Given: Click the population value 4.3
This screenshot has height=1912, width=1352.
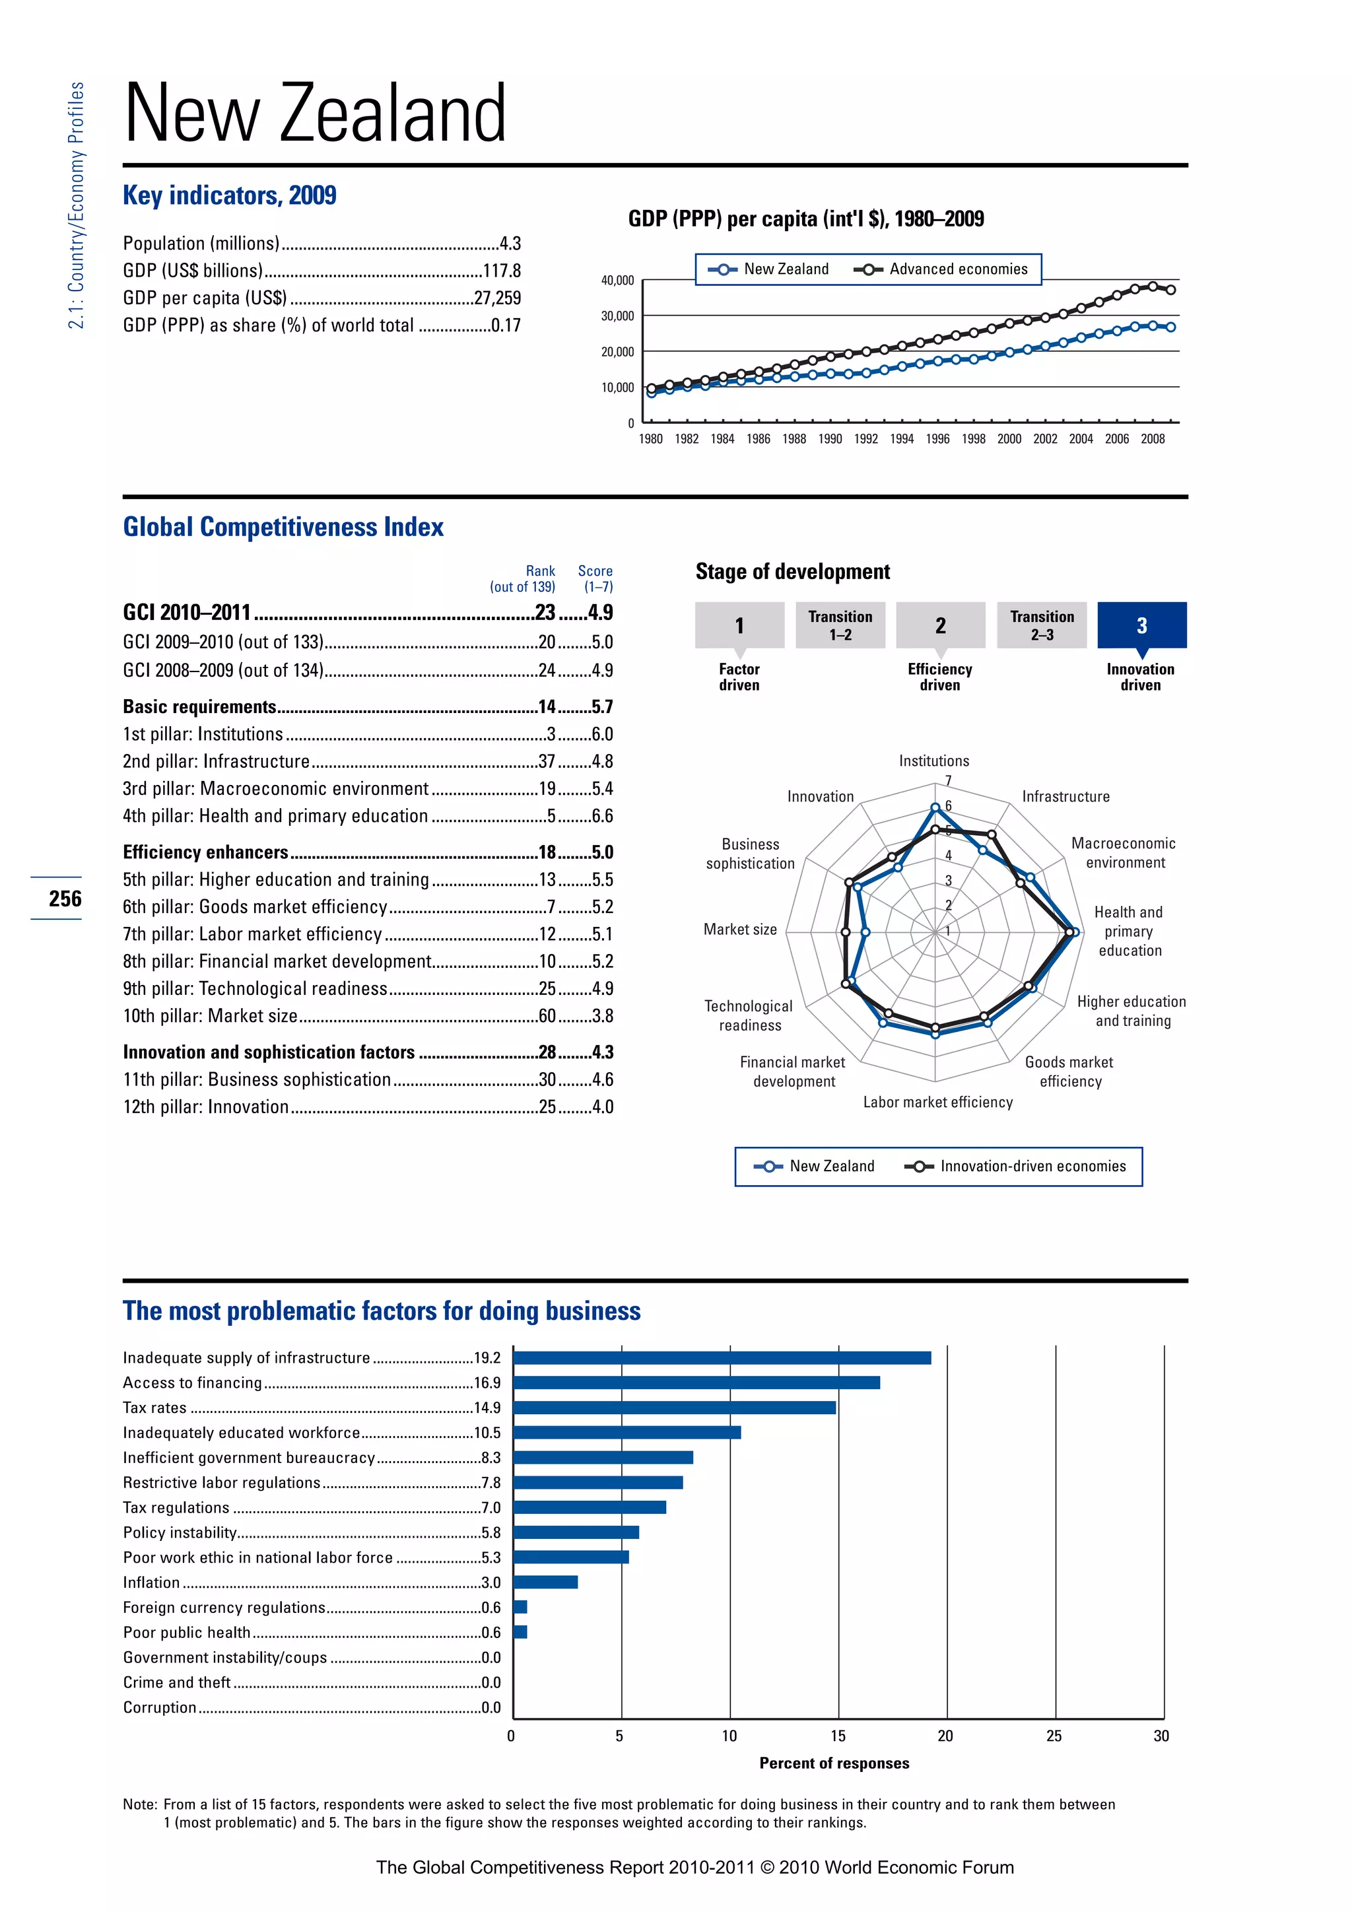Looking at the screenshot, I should pos(510,243).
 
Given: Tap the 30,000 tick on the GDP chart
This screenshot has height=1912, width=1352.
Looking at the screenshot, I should pos(617,316).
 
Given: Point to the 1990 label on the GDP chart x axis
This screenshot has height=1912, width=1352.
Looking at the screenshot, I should pos(829,439).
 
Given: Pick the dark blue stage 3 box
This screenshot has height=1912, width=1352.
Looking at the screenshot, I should pos(1141,625).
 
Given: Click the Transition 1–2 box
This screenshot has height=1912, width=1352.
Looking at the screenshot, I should pos(840,625).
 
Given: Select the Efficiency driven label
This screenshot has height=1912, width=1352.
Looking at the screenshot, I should pos(940,677).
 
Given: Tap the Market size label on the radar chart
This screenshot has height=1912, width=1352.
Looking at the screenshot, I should pos(740,930).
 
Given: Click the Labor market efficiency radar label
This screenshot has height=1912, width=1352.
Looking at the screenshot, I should pos(937,1102).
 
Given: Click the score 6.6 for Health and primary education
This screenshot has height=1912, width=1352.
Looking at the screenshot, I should pos(602,816).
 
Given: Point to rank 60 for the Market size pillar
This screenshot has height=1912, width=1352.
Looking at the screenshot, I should pos(547,1016).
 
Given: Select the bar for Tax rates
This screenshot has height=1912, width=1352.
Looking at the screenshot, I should pos(674,1408).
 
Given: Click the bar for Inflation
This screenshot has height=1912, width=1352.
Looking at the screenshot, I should pos(545,1583).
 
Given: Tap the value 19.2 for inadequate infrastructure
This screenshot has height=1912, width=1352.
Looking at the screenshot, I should pos(487,1357).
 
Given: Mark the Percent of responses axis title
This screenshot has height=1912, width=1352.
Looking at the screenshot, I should pos(834,1763).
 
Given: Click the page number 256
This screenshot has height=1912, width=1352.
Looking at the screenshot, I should pos(65,899).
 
